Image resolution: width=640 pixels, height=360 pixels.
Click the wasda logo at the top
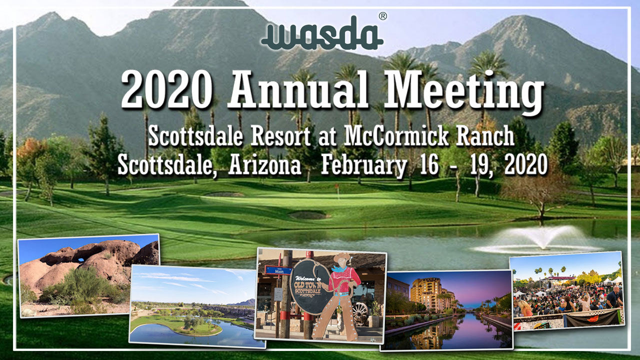(322, 33)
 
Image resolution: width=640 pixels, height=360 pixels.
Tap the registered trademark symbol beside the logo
(383, 16)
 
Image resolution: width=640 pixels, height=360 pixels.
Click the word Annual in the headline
(298, 89)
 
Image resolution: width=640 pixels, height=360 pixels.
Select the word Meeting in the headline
(463, 92)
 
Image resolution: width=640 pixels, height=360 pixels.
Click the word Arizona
(264, 165)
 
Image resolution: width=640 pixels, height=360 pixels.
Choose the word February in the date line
(363, 166)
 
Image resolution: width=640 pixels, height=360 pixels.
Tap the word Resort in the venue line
(280, 136)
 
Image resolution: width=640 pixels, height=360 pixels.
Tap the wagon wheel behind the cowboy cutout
(360, 313)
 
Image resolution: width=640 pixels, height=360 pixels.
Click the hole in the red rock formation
(81, 259)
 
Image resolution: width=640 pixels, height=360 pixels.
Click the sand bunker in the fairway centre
(308, 215)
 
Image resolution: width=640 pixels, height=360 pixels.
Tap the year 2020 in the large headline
(167, 89)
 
